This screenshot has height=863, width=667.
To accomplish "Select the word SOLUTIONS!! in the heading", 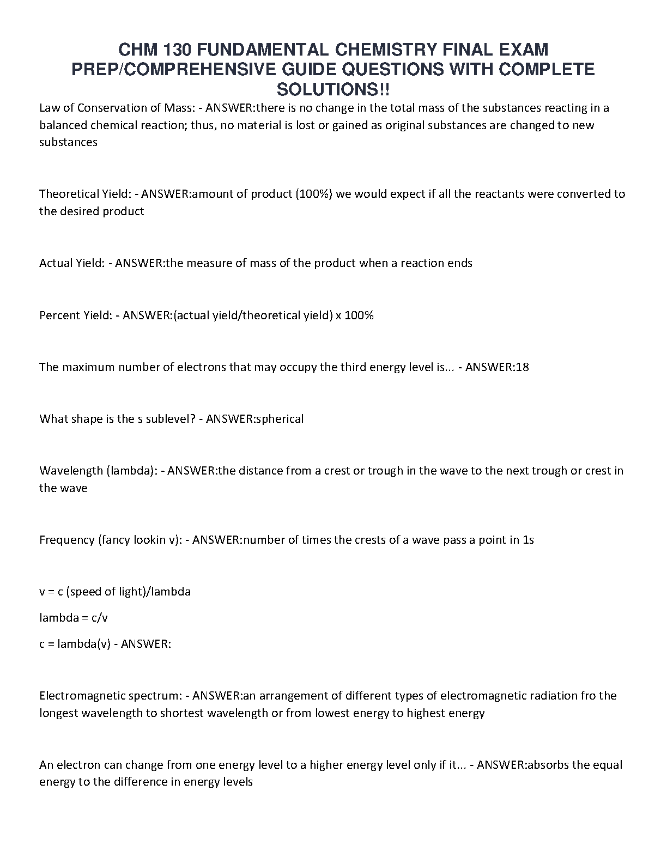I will [x=333, y=89].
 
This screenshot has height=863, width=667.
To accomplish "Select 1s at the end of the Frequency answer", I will [x=528, y=540].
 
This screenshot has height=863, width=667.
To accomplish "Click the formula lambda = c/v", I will [x=77, y=618].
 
